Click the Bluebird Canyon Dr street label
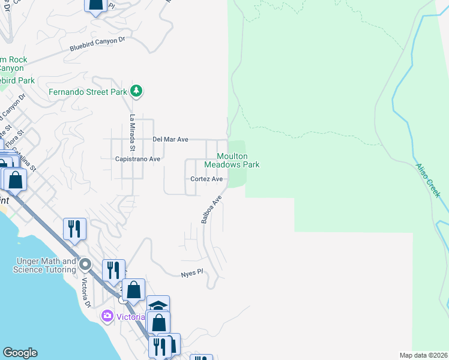point(97,43)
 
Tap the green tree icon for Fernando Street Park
point(137,91)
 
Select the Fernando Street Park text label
point(88,92)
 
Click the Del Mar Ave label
point(170,139)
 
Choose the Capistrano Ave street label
point(138,159)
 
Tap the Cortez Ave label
point(206,179)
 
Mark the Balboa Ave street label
point(211,209)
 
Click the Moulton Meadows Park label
point(232,160)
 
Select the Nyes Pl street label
point(193,273)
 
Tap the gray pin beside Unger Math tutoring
point(85,265)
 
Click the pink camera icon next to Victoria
point(107,316)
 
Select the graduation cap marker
point(158,305)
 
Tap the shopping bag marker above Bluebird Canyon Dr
point(96,5)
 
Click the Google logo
point(20,353)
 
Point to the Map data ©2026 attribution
point(423,355)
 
